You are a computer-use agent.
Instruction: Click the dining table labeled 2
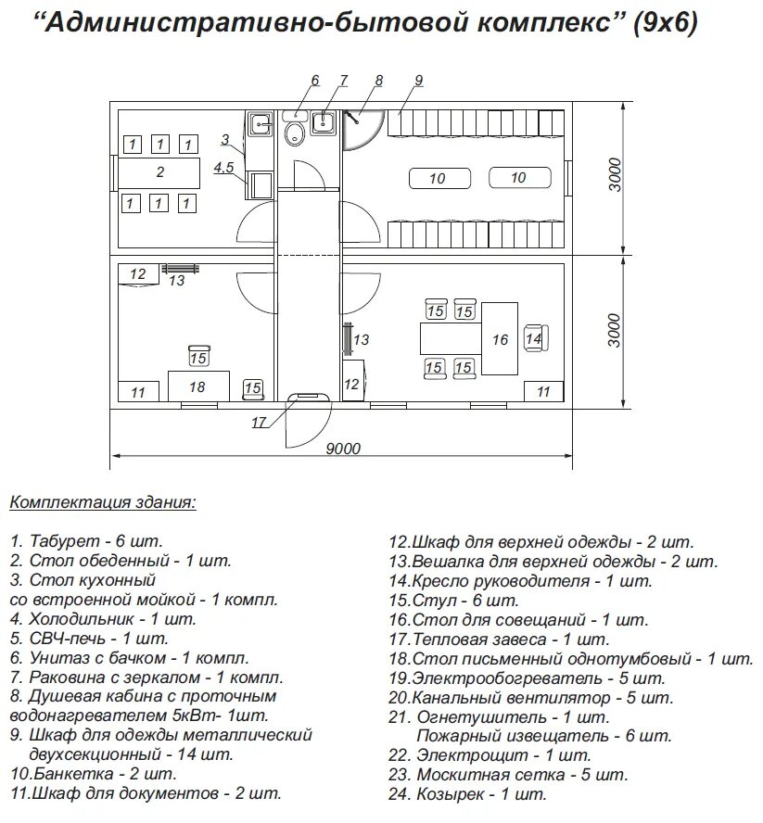(x=159, y=172)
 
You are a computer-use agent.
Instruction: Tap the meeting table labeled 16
(x=501, y=339)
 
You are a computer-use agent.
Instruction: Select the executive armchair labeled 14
(x=534, y=339)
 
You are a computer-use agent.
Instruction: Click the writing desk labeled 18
(x=197, y=386)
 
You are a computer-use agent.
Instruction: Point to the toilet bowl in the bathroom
(x=295, y=134)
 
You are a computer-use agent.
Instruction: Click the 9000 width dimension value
(x=343, y=449)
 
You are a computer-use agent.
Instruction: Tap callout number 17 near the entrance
(x=260, y=423)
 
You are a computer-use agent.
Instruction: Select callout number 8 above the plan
(x=378, y=81)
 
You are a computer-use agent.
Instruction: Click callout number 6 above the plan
(x=315, y=81)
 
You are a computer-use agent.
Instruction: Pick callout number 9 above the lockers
(x=418, y=81)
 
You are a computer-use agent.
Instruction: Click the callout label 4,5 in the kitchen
(x=224, y=168)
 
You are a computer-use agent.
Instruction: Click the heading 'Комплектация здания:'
(x=102, y=503)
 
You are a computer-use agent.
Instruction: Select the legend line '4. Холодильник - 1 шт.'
(x=103, y=619)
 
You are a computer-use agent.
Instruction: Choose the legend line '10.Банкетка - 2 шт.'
(x=93, y=773)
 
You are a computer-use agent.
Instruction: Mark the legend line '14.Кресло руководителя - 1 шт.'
(x=520, y=581)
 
